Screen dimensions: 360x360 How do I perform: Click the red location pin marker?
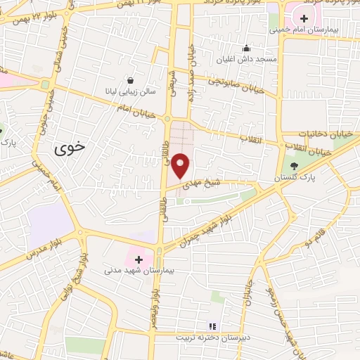[x=181, y=165]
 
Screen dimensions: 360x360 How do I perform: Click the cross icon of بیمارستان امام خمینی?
[x=304, y=18]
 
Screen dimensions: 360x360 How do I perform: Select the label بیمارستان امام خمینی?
[x=317, y=32]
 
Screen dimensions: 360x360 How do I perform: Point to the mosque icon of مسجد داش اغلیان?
[x=246, y=49]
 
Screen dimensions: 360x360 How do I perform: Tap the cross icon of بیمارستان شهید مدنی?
[x=139, y=259]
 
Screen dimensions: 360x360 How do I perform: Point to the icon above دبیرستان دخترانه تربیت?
[x=211, y=326]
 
